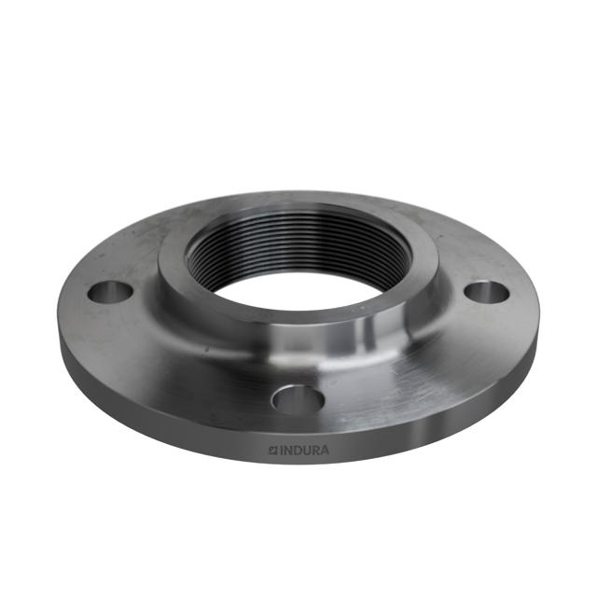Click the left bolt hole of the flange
[x=111, y=292]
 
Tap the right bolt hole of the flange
[x=486, y=292]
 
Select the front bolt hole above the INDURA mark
[x=298, y=399]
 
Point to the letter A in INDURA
[x=324, y=451]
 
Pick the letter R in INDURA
[x=314, y=451]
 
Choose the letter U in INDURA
[x=305, y=451]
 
